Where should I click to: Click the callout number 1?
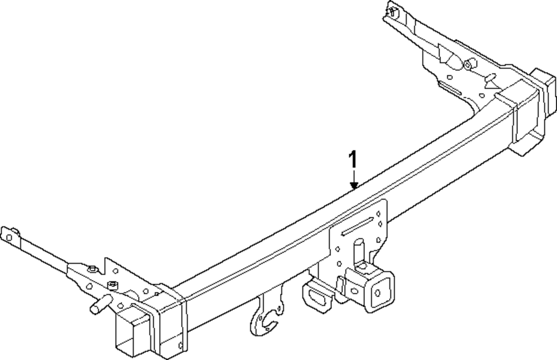[x=352, y=160]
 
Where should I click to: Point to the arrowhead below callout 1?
[x=353, y=187]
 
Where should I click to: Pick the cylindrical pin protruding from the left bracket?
[x=98, y=306]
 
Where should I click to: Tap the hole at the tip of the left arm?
[x=8, y=237]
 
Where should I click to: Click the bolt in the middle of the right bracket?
[x=468, y=65]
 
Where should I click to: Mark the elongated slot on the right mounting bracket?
[x=450, y=88]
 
